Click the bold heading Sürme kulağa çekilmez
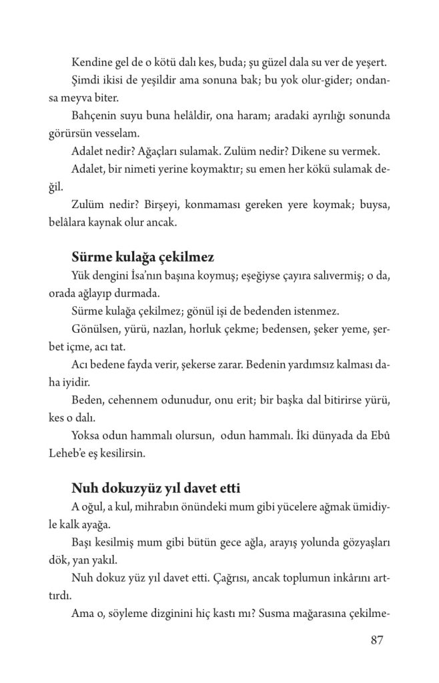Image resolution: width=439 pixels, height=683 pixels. point(142,257)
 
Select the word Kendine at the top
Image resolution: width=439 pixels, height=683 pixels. point(91,64)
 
